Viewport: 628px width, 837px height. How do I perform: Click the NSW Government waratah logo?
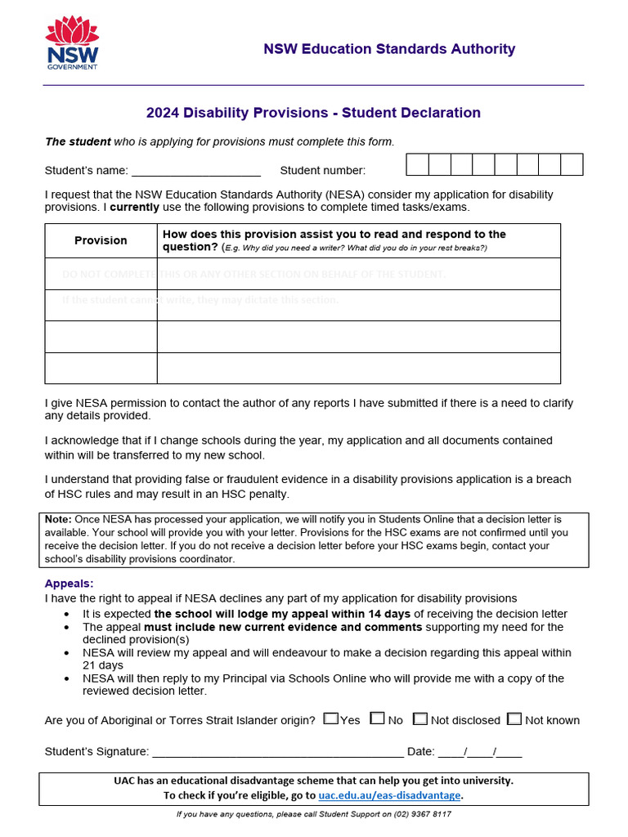coord(72,44)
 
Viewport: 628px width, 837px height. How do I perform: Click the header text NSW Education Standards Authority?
coord(389,49)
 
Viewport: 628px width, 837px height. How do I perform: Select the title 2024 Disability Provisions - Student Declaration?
coord(313,113)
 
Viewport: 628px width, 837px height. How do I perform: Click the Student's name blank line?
coord(195,172)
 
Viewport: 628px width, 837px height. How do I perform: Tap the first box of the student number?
coord(418,165)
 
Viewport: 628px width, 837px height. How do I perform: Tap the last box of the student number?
coord(572,165)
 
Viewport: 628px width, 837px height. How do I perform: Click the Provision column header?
coord(101,240)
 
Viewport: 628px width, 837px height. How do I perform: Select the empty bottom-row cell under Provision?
coord(101,368)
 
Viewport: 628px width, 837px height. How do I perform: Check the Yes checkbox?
coord(330,719)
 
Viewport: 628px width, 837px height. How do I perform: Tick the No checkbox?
coord(377,719)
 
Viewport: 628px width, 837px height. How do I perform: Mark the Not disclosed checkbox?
coord(419,719)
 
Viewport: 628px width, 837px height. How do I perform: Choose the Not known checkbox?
coord(514,719)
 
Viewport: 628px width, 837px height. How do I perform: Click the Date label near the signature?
coord(420,752)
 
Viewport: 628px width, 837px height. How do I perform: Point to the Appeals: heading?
coord(70,584)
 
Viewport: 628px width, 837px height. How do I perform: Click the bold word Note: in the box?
coord(59,519)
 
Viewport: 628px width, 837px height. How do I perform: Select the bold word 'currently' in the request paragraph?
coord(135,208)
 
